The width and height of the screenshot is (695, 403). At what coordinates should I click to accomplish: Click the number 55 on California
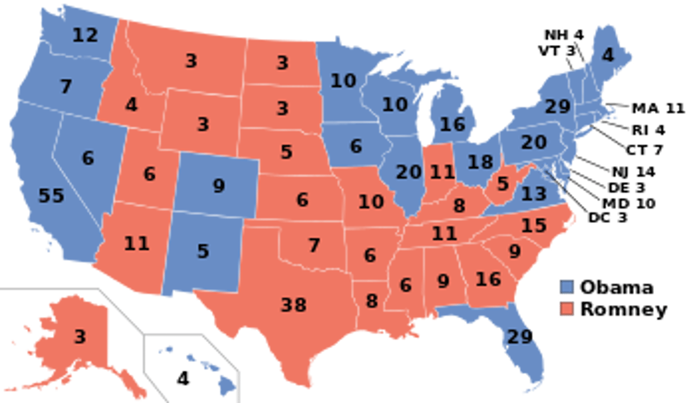tap(51, 196)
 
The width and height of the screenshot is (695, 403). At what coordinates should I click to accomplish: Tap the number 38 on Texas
tap(293, 305)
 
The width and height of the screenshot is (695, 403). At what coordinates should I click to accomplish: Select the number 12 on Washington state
tap(85, 35)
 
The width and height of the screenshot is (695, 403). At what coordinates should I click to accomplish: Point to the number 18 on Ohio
tap(481, 162)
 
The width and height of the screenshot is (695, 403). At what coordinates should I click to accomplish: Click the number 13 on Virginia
tap(534, 194)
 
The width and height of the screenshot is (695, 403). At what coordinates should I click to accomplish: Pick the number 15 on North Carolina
tap(534, 225)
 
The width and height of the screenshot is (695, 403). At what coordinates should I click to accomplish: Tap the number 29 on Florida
tap(519, 336)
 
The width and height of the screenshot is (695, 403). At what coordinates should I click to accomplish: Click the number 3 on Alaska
tap(80, 336)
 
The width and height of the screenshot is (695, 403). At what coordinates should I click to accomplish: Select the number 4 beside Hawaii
tap(183, 379)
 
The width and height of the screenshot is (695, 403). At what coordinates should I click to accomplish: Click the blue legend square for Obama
tap(567, 288)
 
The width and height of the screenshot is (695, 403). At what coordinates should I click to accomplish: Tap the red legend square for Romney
tap(567, 308)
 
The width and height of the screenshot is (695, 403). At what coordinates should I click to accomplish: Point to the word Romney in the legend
tap(623, 309)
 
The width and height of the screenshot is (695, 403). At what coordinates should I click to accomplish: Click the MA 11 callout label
tap(658, 108)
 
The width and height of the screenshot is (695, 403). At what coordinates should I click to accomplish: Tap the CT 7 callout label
tap(644, 150)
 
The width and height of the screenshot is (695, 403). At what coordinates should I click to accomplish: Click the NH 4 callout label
tap(563, 35)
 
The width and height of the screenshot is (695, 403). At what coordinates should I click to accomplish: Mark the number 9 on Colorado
tap(219, 186)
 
